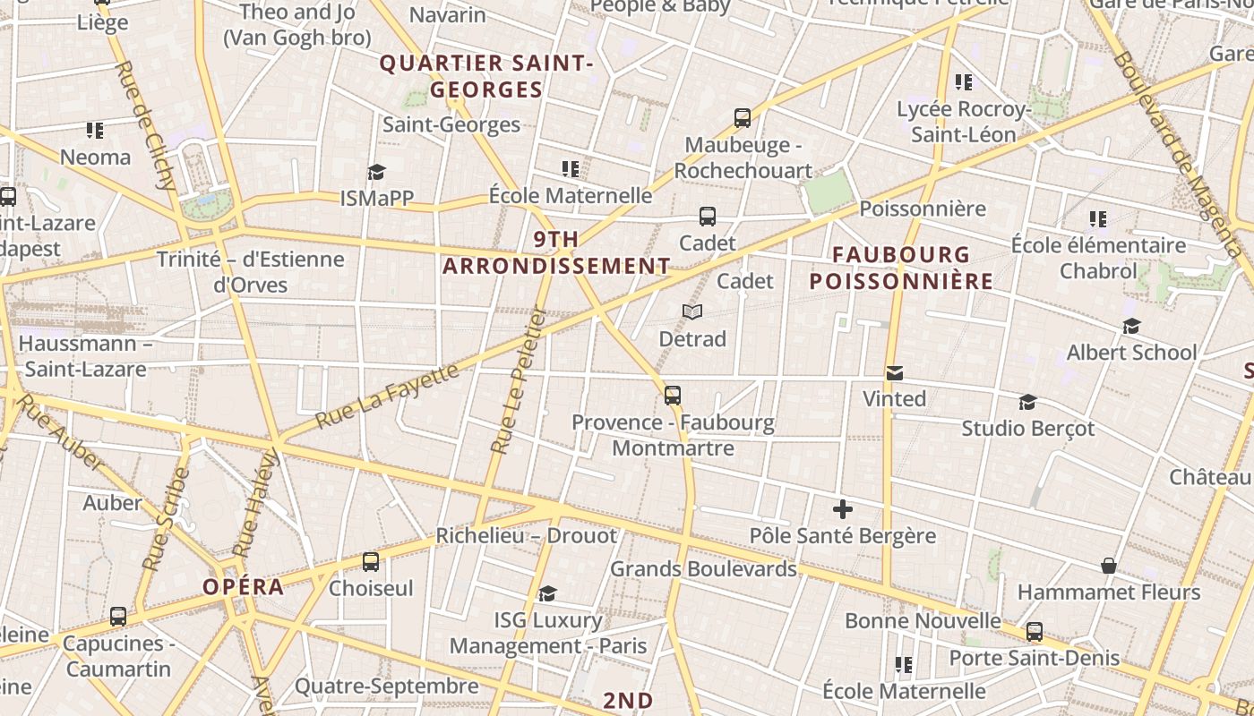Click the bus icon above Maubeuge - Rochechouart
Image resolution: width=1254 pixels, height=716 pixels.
click(x=742, y=117)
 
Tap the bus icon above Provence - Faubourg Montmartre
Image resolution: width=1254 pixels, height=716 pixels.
click(x=673, y=395)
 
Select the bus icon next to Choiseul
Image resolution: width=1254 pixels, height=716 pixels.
click(x=371, y=562)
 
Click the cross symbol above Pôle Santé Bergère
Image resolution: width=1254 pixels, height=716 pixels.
click(x=843, y=509)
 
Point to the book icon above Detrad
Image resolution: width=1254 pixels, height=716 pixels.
click(x=691, y=311)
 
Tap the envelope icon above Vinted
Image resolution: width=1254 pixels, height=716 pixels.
click(x=894, y=372)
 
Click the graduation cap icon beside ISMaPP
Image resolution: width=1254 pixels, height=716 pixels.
click(x=376, y=172)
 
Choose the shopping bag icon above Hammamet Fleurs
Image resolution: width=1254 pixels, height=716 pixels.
click(x=1109, y=566)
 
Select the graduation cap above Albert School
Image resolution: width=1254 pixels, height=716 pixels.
click(x=1132, y=326)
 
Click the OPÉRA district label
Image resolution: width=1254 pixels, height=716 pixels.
click(x=243, y=587)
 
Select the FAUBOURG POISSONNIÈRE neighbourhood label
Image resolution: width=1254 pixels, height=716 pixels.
click(x=901, y=268)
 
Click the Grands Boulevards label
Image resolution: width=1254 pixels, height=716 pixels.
click(x=703, y=568)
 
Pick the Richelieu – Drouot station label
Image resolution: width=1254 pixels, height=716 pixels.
click(x=526, y=535)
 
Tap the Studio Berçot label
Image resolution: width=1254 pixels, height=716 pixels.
click(x=1027, y=428)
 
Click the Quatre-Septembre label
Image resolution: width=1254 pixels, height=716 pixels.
click(x=386, y=686)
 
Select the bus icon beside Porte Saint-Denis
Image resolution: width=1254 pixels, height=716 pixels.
click(x=1035, y=632)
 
